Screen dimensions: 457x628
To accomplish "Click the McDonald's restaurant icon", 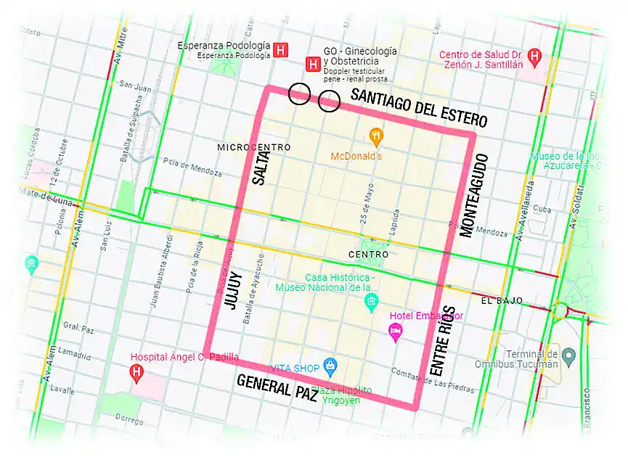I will point(375,134).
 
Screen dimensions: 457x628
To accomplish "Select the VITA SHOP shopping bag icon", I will point(330,365).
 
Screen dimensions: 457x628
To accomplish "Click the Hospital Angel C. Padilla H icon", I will point(136,373).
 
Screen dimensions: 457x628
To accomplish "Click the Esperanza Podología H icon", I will point(281,50).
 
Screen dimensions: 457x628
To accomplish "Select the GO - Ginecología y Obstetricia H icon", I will point(313,65).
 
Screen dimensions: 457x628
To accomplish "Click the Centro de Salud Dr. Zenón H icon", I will point(535,55).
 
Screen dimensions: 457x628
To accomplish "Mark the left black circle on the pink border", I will point(298,94).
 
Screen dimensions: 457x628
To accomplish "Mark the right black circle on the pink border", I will point(329,102).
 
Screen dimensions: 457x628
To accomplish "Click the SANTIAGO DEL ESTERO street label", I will point(418,107).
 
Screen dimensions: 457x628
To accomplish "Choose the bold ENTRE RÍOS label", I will point(442,339).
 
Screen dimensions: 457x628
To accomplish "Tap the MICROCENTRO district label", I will point(253,147).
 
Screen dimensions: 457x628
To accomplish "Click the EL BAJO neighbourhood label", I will point(497,300).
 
